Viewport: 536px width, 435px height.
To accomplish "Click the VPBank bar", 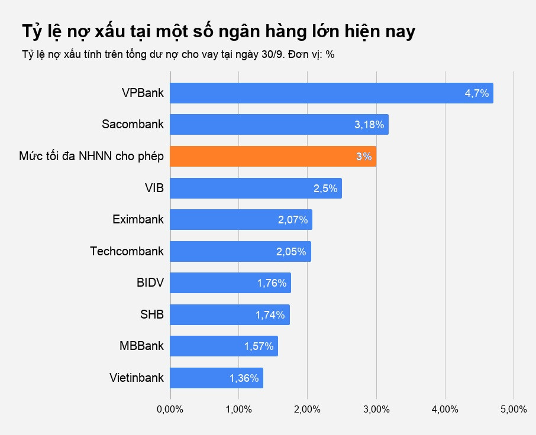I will coord(331,93).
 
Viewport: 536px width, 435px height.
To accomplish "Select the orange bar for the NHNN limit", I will coord(273,157).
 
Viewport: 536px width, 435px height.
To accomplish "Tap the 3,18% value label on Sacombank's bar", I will coord(369,125).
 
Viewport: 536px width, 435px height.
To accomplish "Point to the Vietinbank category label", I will coord(136,378).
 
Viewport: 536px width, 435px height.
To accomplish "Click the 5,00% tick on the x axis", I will coord(514,410).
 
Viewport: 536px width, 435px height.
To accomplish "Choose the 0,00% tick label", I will coord(170,410).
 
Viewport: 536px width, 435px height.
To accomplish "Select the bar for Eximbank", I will coord(241,220).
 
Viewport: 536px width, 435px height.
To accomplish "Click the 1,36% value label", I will coord(244,378).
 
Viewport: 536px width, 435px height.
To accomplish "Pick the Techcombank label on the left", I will coord(127,251).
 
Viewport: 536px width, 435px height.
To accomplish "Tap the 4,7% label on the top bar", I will coord(476,93).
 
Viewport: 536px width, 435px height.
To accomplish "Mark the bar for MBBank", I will coord(224,346).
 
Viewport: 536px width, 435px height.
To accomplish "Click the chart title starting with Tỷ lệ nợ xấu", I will coord(218,32).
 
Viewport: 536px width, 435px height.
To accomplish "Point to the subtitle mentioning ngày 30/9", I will coord(178,54).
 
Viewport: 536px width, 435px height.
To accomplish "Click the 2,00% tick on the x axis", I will coord(307,410).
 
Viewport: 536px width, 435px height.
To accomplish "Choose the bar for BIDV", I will coord(230,283).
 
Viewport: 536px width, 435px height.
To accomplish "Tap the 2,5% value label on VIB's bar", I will coord(325,189).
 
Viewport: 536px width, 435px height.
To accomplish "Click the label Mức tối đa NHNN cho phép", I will coord(91,157).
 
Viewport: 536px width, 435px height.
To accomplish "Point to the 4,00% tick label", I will coord(445,410).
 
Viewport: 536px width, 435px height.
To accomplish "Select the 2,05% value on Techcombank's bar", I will coord(291,252).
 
